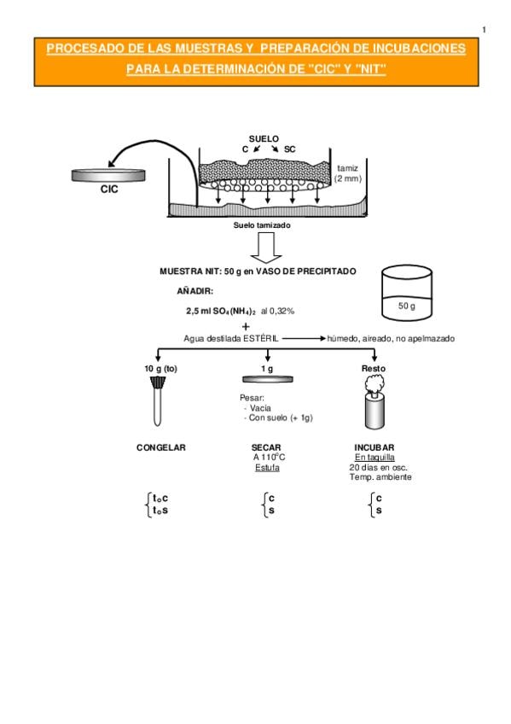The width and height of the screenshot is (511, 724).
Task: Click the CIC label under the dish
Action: tap(109, 189)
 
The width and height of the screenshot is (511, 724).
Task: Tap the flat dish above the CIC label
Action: tap(108, 175)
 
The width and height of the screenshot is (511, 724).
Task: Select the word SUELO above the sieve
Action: tap(264, 138)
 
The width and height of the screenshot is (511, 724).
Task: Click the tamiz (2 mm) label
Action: tap(348, 173)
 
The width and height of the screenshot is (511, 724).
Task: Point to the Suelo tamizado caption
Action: tap(262, 225)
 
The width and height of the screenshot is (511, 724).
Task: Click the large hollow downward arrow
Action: tap(266, 248)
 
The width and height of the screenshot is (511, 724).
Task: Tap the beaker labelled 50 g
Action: tap(407, 293)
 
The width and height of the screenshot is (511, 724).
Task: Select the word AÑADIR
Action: tap(195, 291)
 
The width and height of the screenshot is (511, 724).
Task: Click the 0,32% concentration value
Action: tap(282, 312)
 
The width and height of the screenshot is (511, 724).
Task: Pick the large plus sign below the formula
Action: tap(246, 326)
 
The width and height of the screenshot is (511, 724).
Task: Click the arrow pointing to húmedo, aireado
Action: tap(304, 338)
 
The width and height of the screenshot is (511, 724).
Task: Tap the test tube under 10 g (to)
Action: tap(158, 400)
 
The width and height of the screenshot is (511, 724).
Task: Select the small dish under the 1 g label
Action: tap(268, 380)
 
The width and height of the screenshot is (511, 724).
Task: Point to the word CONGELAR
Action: tap(161, 447)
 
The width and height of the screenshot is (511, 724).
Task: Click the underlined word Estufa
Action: tap(268, 468)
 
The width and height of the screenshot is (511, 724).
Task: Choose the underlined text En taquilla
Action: tap(375, 458)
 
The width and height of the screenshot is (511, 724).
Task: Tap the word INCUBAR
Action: tap(374, 447)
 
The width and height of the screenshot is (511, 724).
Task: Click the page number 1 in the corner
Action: tap(485, 30)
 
